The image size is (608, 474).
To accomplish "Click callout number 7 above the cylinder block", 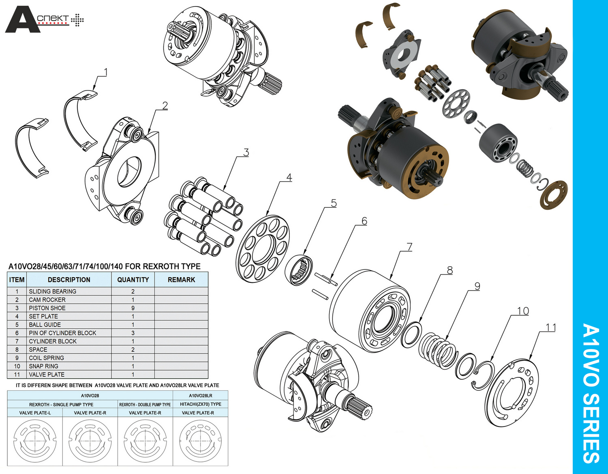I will (409, 247).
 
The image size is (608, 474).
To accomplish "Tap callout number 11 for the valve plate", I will (550, 327).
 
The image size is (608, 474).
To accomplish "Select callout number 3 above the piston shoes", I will (246, 153).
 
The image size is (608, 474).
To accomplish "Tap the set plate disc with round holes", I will (263, 248).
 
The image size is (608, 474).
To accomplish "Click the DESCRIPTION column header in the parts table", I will (69, 280).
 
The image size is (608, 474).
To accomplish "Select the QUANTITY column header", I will (133, 280).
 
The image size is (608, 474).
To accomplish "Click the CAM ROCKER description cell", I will (47, 299).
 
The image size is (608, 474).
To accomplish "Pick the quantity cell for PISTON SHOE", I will (133, 308).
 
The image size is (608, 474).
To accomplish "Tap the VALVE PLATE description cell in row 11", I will (47, 375).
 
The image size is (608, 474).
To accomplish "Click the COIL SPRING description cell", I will (46, 358).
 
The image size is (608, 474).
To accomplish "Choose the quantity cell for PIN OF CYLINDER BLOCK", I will (133, 333).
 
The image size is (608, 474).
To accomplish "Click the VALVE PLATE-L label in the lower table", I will (35, 413).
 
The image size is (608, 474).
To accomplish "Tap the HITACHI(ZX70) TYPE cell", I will (200, 404).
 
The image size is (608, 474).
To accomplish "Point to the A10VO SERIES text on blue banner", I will (590, 393).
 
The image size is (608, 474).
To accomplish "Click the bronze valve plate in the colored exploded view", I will (554, 194).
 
